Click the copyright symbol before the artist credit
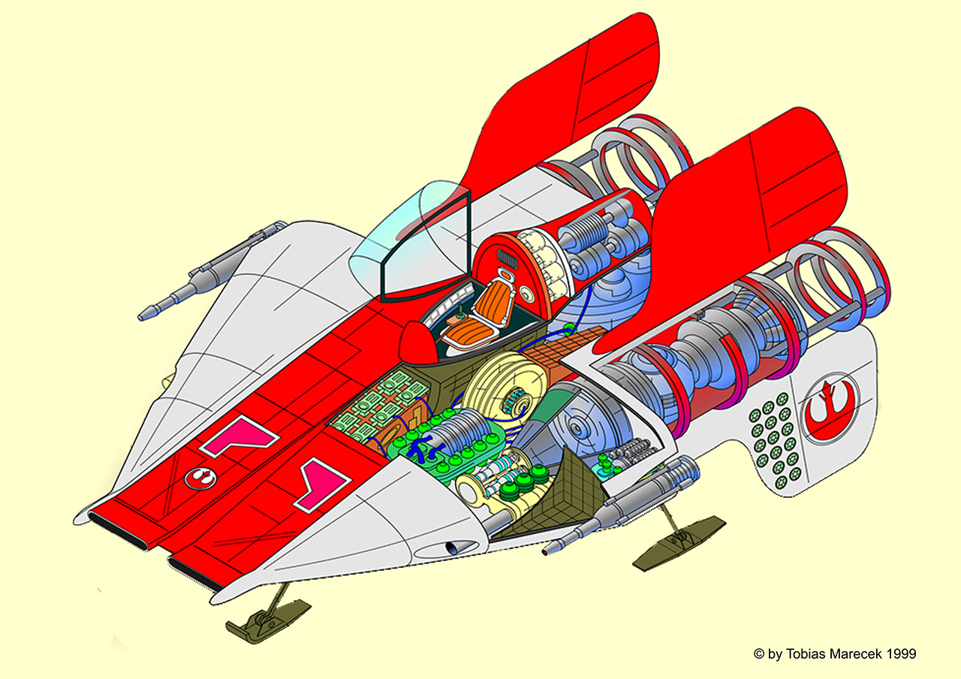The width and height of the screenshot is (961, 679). coord(759,653)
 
